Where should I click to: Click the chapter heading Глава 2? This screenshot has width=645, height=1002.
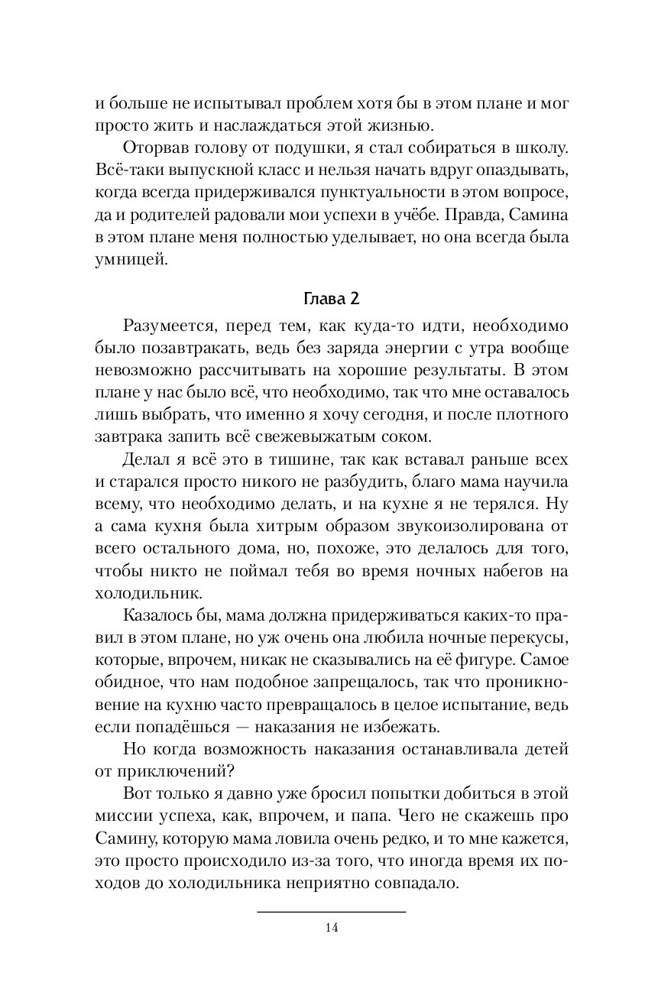[322, 297]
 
